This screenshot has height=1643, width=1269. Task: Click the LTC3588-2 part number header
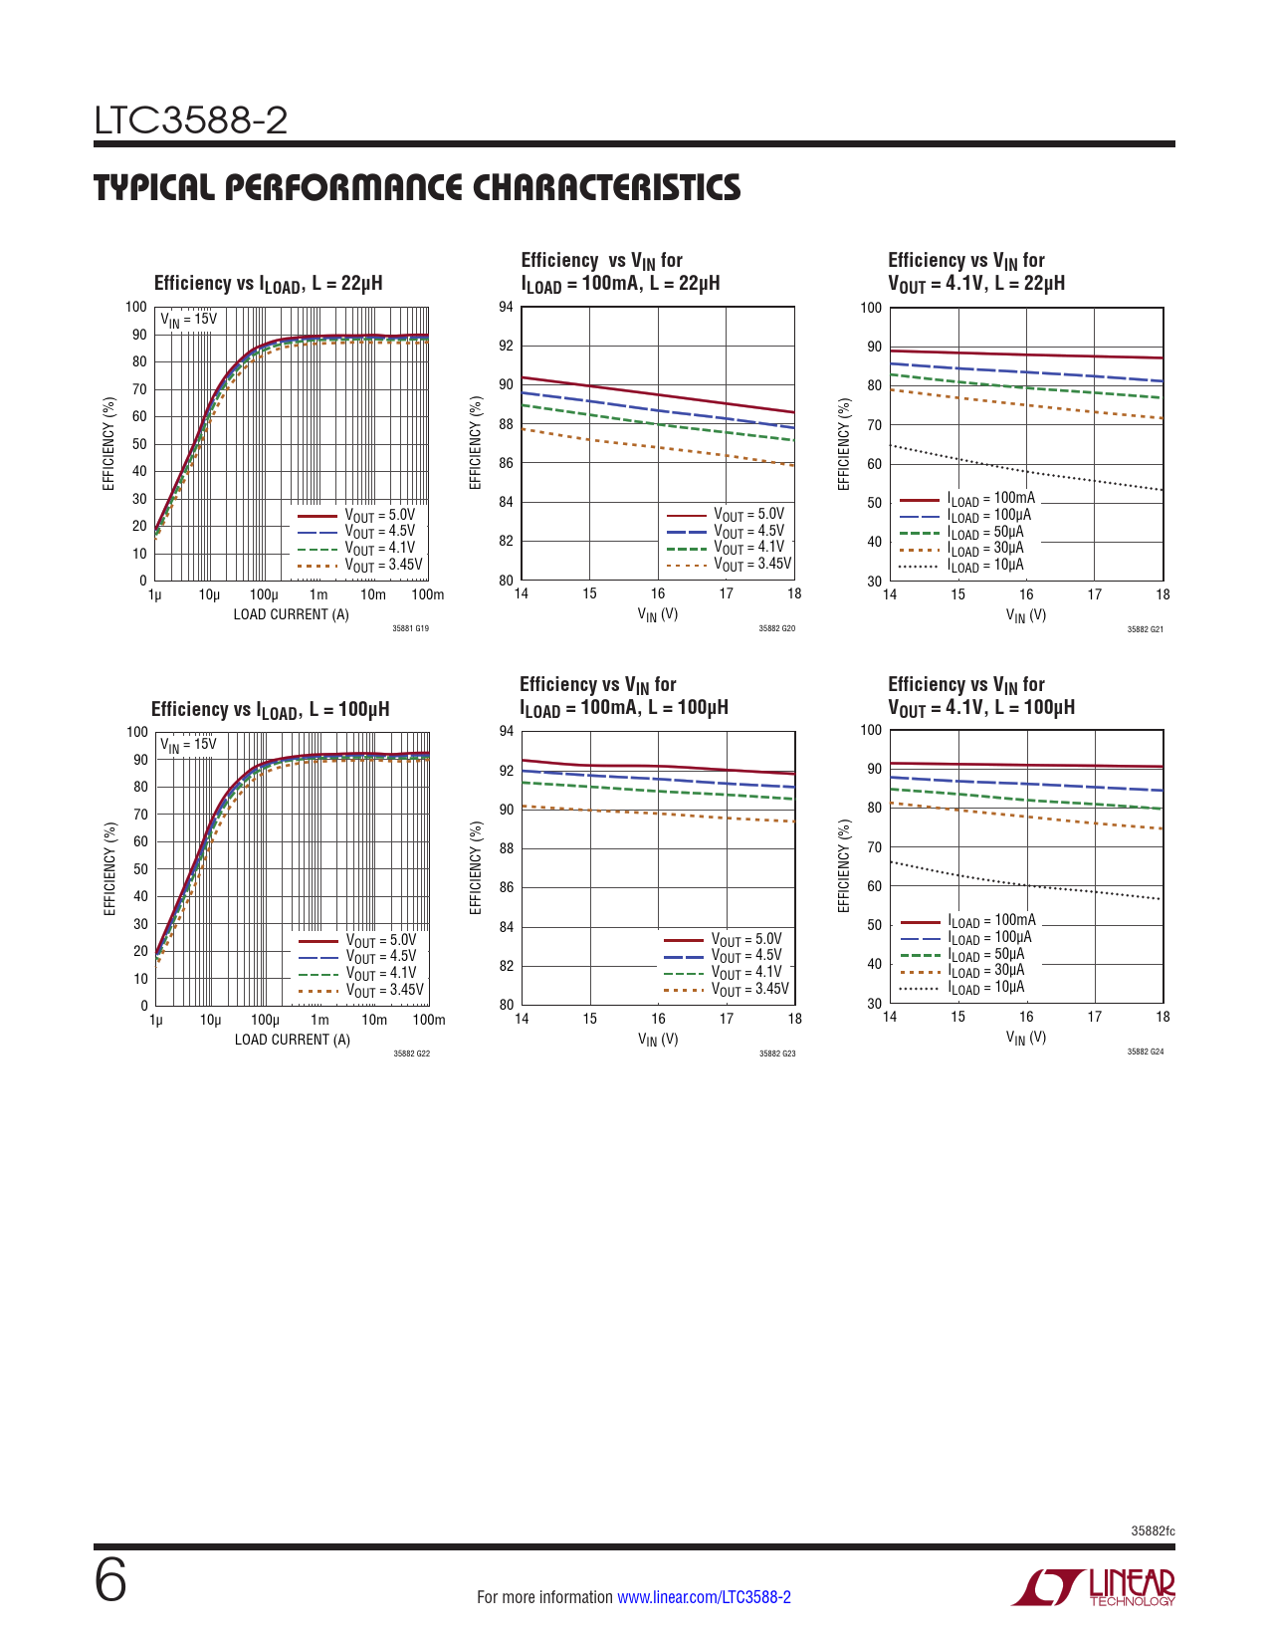tap(191, 121)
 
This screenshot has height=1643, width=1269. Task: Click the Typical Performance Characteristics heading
tap(417, 187)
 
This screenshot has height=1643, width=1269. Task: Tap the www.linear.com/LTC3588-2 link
tap(704, 1597)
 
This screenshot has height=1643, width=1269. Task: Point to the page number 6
tap(110, 1581)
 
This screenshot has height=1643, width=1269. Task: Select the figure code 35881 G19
tap(410, 628)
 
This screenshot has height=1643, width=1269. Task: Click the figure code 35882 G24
tap(1145, 1052)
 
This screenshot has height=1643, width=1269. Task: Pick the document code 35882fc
tap(1153, 1530)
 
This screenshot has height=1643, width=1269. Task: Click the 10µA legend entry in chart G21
tap(984, 566)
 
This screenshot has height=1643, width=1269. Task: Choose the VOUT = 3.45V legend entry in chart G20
tap(751, 565)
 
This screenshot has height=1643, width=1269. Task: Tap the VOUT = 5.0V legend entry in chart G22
tap(380, 941)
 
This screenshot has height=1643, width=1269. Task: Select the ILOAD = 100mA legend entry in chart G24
tap(990, 921)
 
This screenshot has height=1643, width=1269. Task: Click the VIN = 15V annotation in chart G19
tap(188, 320)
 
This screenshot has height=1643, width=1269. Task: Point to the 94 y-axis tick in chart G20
tap(507, 307)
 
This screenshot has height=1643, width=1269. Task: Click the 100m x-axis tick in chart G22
tap(429, 1020)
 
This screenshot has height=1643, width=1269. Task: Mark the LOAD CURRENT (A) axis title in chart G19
tap(291, 614)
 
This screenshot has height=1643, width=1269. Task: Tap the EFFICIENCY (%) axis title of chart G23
tap(476, 867)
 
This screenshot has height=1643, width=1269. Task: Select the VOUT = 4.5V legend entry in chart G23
tap(745, 956)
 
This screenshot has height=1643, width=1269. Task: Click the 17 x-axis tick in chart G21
tap(1094, 594)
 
